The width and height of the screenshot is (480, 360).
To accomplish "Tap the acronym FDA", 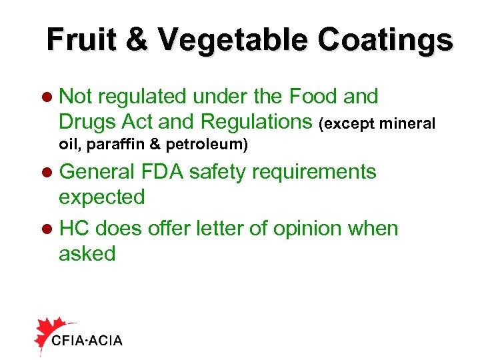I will point(161,171).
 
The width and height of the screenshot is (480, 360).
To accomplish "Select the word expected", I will point(101,197).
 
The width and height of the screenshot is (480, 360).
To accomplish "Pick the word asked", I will point(87,253).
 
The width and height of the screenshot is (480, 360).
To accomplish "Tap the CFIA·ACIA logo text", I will point(87,341).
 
